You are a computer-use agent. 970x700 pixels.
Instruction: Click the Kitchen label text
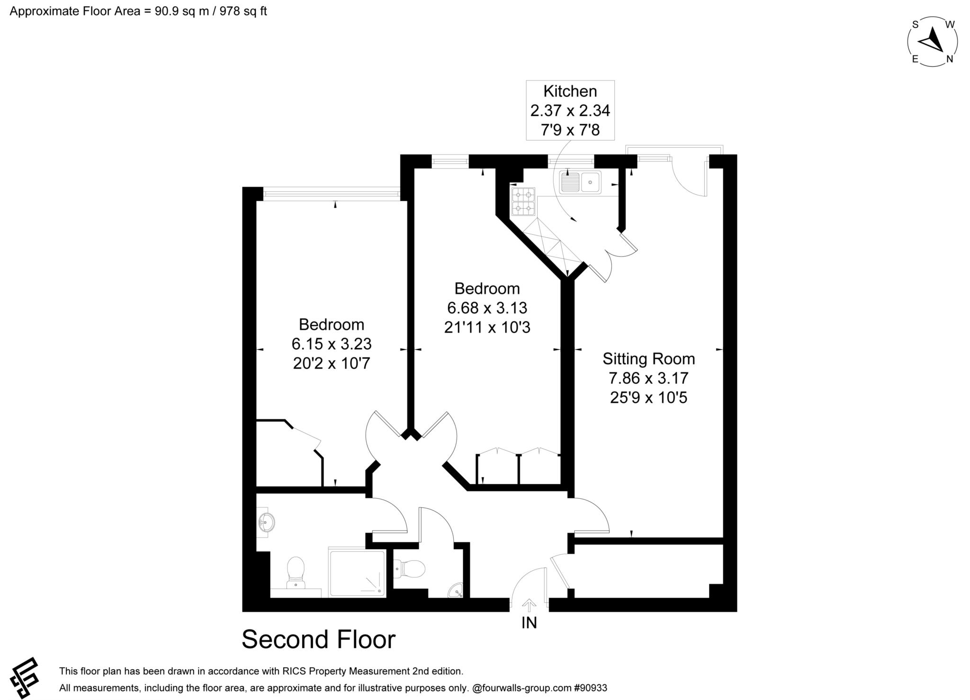pos(570,91)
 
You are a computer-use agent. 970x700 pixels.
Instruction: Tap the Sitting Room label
pos(648,359)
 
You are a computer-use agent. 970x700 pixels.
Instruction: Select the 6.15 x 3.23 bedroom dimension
pos(332,343)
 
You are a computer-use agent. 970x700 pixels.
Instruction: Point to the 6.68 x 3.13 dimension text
pos(487,308)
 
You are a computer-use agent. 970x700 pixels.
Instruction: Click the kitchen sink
pos(580,182)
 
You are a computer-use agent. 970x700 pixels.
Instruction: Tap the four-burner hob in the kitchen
pos(523,202)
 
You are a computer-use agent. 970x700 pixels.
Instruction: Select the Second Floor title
pos(318,639)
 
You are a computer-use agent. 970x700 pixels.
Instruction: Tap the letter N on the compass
pos(949,59)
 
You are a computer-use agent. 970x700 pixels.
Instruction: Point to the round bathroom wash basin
pos(267,523)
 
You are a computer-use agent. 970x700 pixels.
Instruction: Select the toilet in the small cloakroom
pos(409,568)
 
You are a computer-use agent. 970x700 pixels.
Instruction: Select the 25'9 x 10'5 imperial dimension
pos(648,398)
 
